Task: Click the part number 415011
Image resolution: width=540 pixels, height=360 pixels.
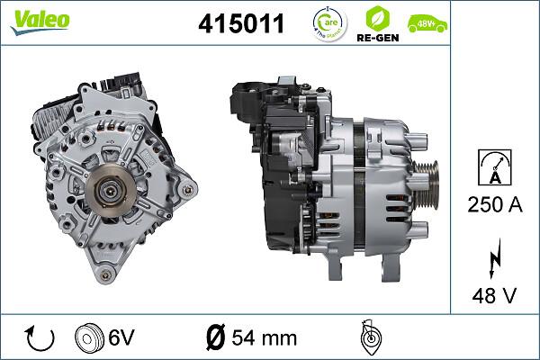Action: (240, 24)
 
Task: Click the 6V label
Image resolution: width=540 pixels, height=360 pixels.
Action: (122, 338)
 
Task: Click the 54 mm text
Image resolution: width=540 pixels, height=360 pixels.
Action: (265, 338)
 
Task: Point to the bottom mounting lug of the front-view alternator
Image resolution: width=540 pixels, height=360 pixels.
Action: (107, 274)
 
